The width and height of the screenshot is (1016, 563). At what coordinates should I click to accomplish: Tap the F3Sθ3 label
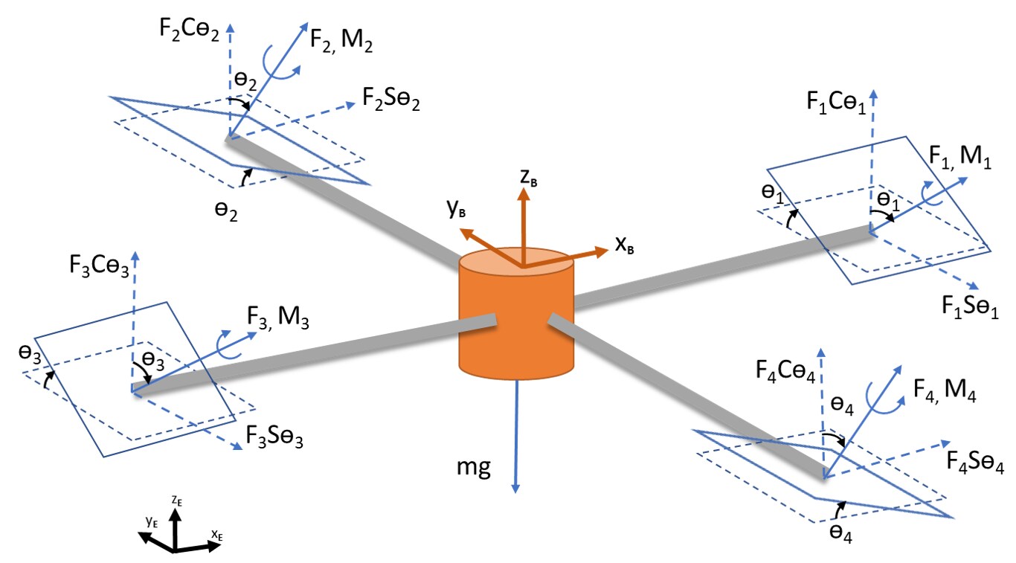click(274, 436)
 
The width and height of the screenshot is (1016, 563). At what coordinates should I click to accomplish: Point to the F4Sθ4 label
click(975, 463)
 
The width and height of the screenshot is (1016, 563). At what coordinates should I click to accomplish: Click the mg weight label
click(474, 470)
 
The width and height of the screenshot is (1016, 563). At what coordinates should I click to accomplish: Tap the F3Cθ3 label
click(97, 267)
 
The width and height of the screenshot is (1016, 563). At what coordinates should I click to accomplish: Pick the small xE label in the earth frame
click(216, 534)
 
